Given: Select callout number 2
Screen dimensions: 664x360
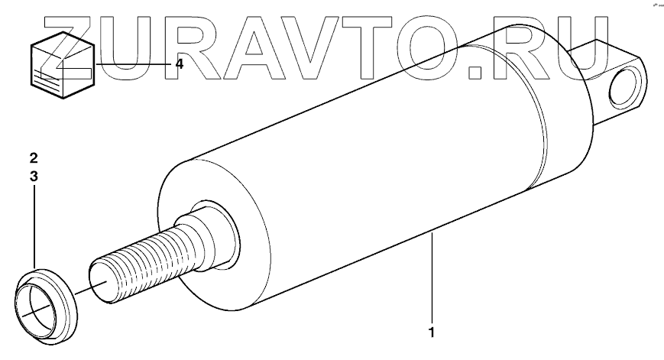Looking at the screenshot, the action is pos(34,159).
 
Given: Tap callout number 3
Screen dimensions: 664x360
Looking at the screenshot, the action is pos(34,176).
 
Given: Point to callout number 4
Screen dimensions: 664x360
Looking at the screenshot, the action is pos(179,64).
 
